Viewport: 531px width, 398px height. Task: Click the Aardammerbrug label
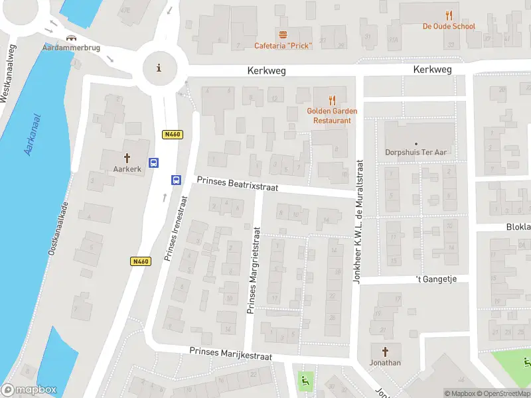coord(71,48)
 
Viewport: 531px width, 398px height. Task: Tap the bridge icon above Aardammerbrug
coord(71,37)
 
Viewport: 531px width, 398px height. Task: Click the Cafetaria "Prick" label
coord(283,46)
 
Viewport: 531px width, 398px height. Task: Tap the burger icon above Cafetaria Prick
coord(283,34)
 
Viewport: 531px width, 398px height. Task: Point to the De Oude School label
coord(449,27)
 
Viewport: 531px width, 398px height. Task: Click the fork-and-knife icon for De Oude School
coord(449,15)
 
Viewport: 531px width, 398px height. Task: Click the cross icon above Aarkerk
coord(127,159)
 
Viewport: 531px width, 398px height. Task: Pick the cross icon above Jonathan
coord(386,351)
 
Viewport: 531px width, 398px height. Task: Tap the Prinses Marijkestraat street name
coord(230,354)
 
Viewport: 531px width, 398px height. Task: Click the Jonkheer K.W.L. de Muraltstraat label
coord(358,222)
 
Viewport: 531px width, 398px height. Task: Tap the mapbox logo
coord(30,390)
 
